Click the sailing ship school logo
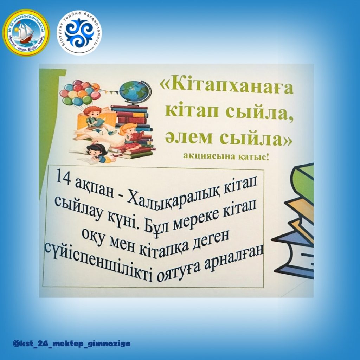(26, 33)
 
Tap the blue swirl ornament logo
(79, 33)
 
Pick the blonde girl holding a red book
(131, 137)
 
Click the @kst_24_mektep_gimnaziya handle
(72, 343)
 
